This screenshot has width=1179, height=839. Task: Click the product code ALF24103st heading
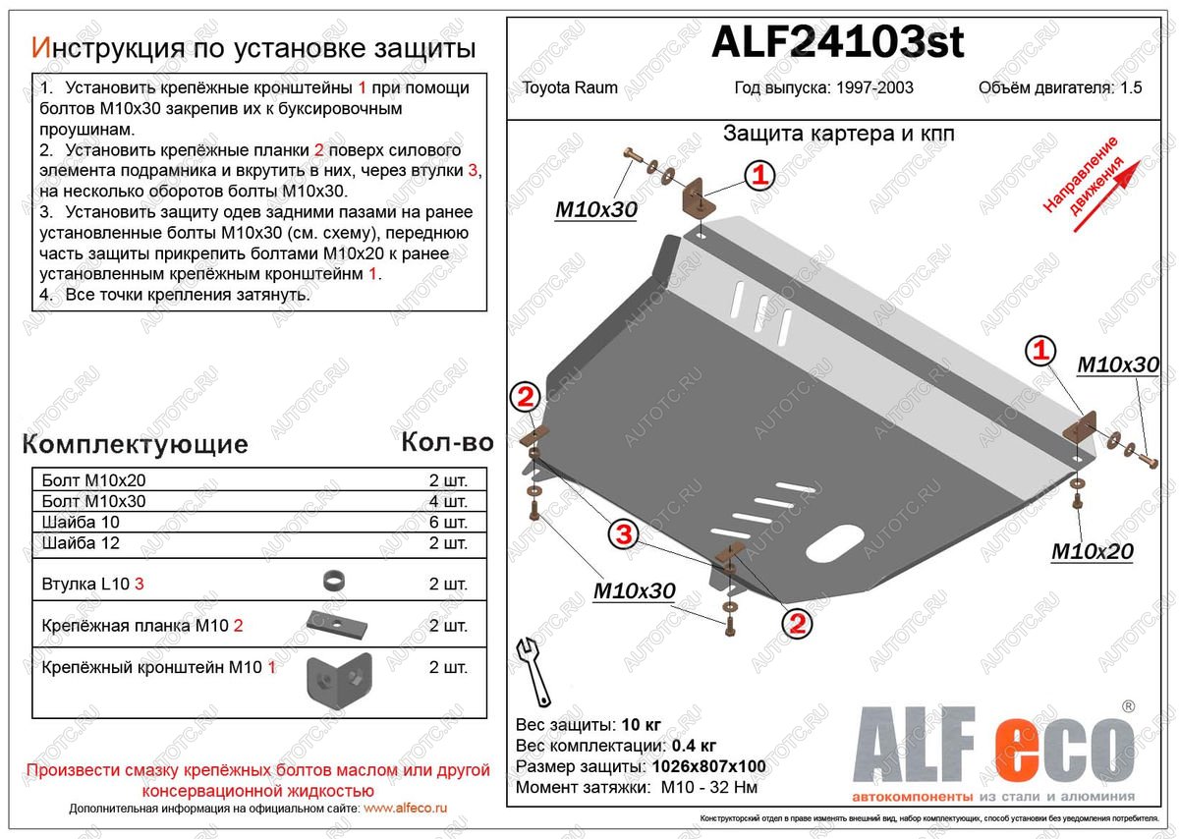pos(837,42)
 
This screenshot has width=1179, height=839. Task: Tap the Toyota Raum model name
pos(564,87)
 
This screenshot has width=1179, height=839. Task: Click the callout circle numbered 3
pos(622,534)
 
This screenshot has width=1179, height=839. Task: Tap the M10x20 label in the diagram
pos(1092,552)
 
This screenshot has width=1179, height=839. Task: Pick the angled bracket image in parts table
pos(337,679)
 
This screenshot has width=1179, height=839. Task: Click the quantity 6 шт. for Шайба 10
pos(448,522)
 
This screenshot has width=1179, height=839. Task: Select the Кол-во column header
pos(447,443)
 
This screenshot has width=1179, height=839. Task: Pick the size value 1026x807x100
pos(702,766)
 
